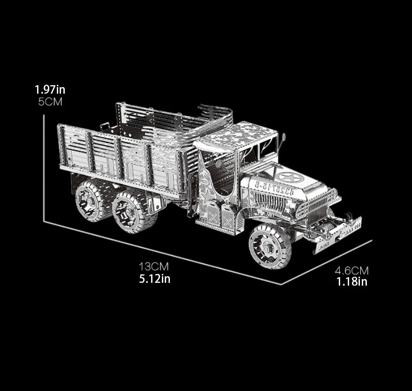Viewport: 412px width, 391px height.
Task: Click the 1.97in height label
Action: pos(50,90)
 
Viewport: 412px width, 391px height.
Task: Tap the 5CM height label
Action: pos(50,102)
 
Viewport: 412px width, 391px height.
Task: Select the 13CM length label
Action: pos(154,267)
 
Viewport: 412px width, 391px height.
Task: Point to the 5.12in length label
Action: pos(155,279)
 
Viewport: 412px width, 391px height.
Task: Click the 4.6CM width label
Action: pos(351,270)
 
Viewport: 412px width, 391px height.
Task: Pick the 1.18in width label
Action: pos(352,282)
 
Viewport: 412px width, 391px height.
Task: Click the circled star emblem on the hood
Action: pos(291,177)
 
